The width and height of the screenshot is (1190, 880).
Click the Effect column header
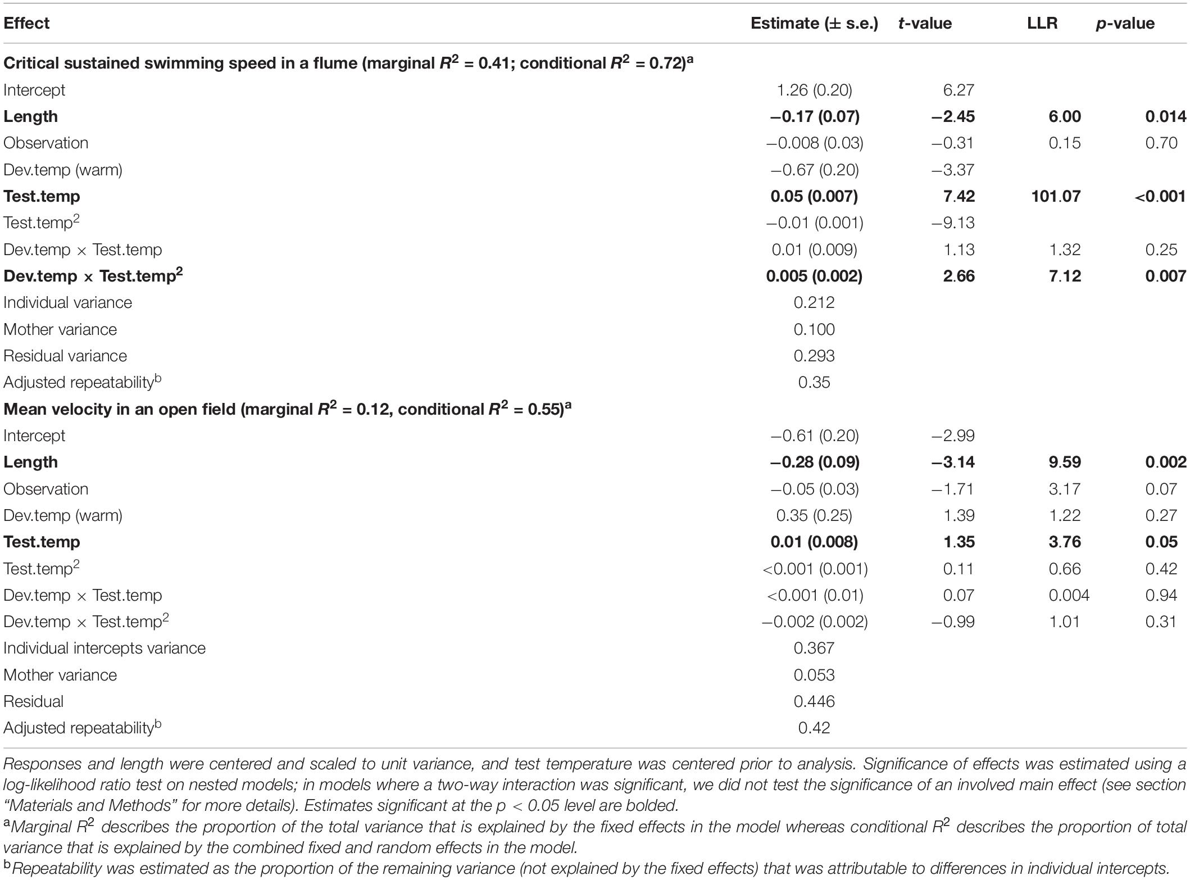(26, 23)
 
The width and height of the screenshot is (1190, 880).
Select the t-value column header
(925, 23)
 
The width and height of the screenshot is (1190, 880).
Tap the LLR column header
(1042, 23)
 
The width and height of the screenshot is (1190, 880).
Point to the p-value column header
(1125, 23)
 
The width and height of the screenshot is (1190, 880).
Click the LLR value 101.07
(1056, 196)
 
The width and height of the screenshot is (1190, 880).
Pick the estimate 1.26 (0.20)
(814, 90)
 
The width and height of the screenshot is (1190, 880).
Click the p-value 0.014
(1165, 116)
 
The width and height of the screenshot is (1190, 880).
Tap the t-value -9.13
(953, 223)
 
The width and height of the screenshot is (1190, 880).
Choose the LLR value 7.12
(1065, 276)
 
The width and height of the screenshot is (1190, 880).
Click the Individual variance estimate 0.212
(814, 302)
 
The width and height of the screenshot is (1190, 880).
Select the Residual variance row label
(65, 356)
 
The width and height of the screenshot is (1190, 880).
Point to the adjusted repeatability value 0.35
(814, 382)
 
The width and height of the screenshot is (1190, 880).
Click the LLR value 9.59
(1065, 462)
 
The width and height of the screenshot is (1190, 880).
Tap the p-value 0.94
(1161, 595)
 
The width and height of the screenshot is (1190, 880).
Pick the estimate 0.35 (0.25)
(814, 515)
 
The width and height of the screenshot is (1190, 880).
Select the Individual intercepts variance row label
(105, 648)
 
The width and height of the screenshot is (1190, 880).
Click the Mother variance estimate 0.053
(814, 675)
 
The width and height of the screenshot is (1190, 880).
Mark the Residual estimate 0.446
(814, 701)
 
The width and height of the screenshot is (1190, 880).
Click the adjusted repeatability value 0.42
(814, 728)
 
